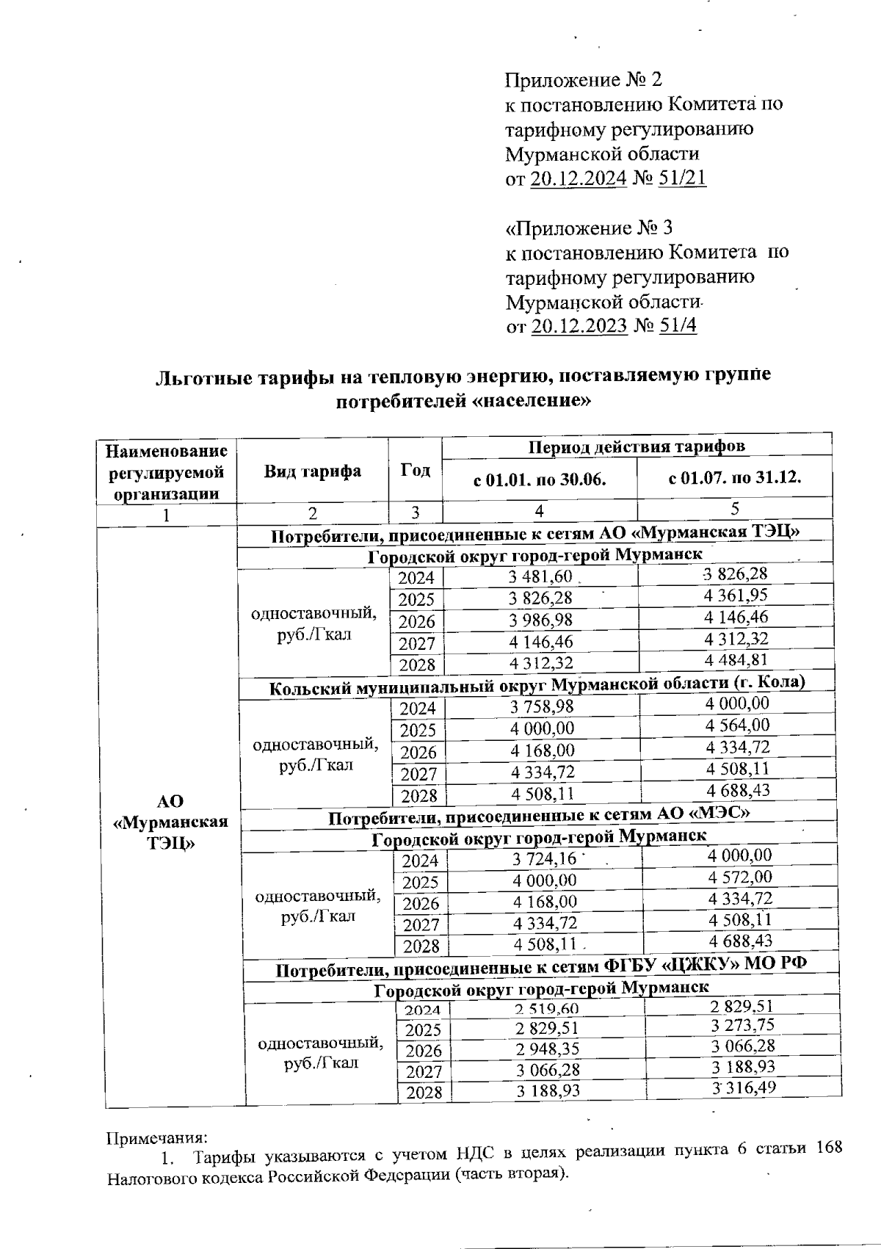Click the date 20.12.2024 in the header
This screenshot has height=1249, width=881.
(577, 179)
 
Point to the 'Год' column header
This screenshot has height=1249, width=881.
(416, 470)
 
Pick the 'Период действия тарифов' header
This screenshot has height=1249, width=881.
(637, 446)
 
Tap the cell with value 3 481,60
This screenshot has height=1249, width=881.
(540, 579)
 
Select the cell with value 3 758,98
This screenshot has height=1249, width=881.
(542, 707)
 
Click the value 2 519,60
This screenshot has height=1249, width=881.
(547, 1010)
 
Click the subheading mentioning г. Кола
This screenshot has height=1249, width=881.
(537, 685)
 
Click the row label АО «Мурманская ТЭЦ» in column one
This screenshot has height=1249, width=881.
(170, 822)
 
